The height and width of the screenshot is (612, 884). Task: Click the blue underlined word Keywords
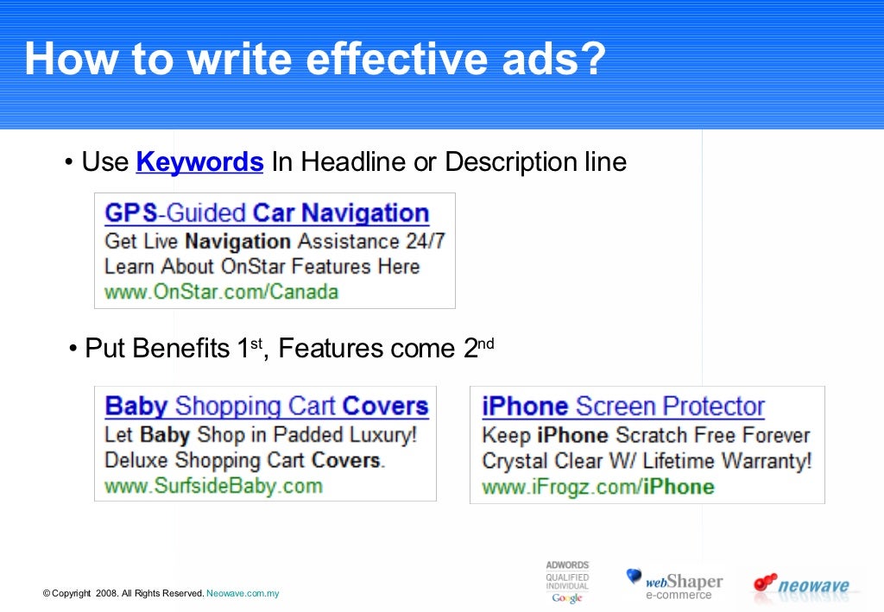tap(199, 161)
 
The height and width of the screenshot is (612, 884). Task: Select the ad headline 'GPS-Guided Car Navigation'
tap(267, 213)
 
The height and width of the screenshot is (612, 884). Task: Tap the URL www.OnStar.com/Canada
tap(221, 292)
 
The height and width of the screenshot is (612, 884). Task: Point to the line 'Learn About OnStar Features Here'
tap(262, 266)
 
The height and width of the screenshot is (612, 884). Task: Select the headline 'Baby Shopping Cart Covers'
tap(267, 406)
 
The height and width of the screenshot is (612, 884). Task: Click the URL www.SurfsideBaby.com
tap(213, 486)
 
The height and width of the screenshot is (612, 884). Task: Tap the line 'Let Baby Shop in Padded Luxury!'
tap(260, 434)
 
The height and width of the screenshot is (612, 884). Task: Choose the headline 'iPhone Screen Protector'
tap(623, 406)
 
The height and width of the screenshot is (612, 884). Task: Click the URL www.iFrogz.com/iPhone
tap(597, 487)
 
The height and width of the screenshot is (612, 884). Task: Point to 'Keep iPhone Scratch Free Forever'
tap(646, 435)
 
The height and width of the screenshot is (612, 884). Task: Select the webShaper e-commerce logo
tap(674, 584)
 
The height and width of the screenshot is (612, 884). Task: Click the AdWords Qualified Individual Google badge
tap(567, 582)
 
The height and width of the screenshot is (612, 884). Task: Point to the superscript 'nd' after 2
tap(486, 344)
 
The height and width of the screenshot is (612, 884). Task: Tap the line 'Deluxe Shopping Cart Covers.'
tap(244, 460)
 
